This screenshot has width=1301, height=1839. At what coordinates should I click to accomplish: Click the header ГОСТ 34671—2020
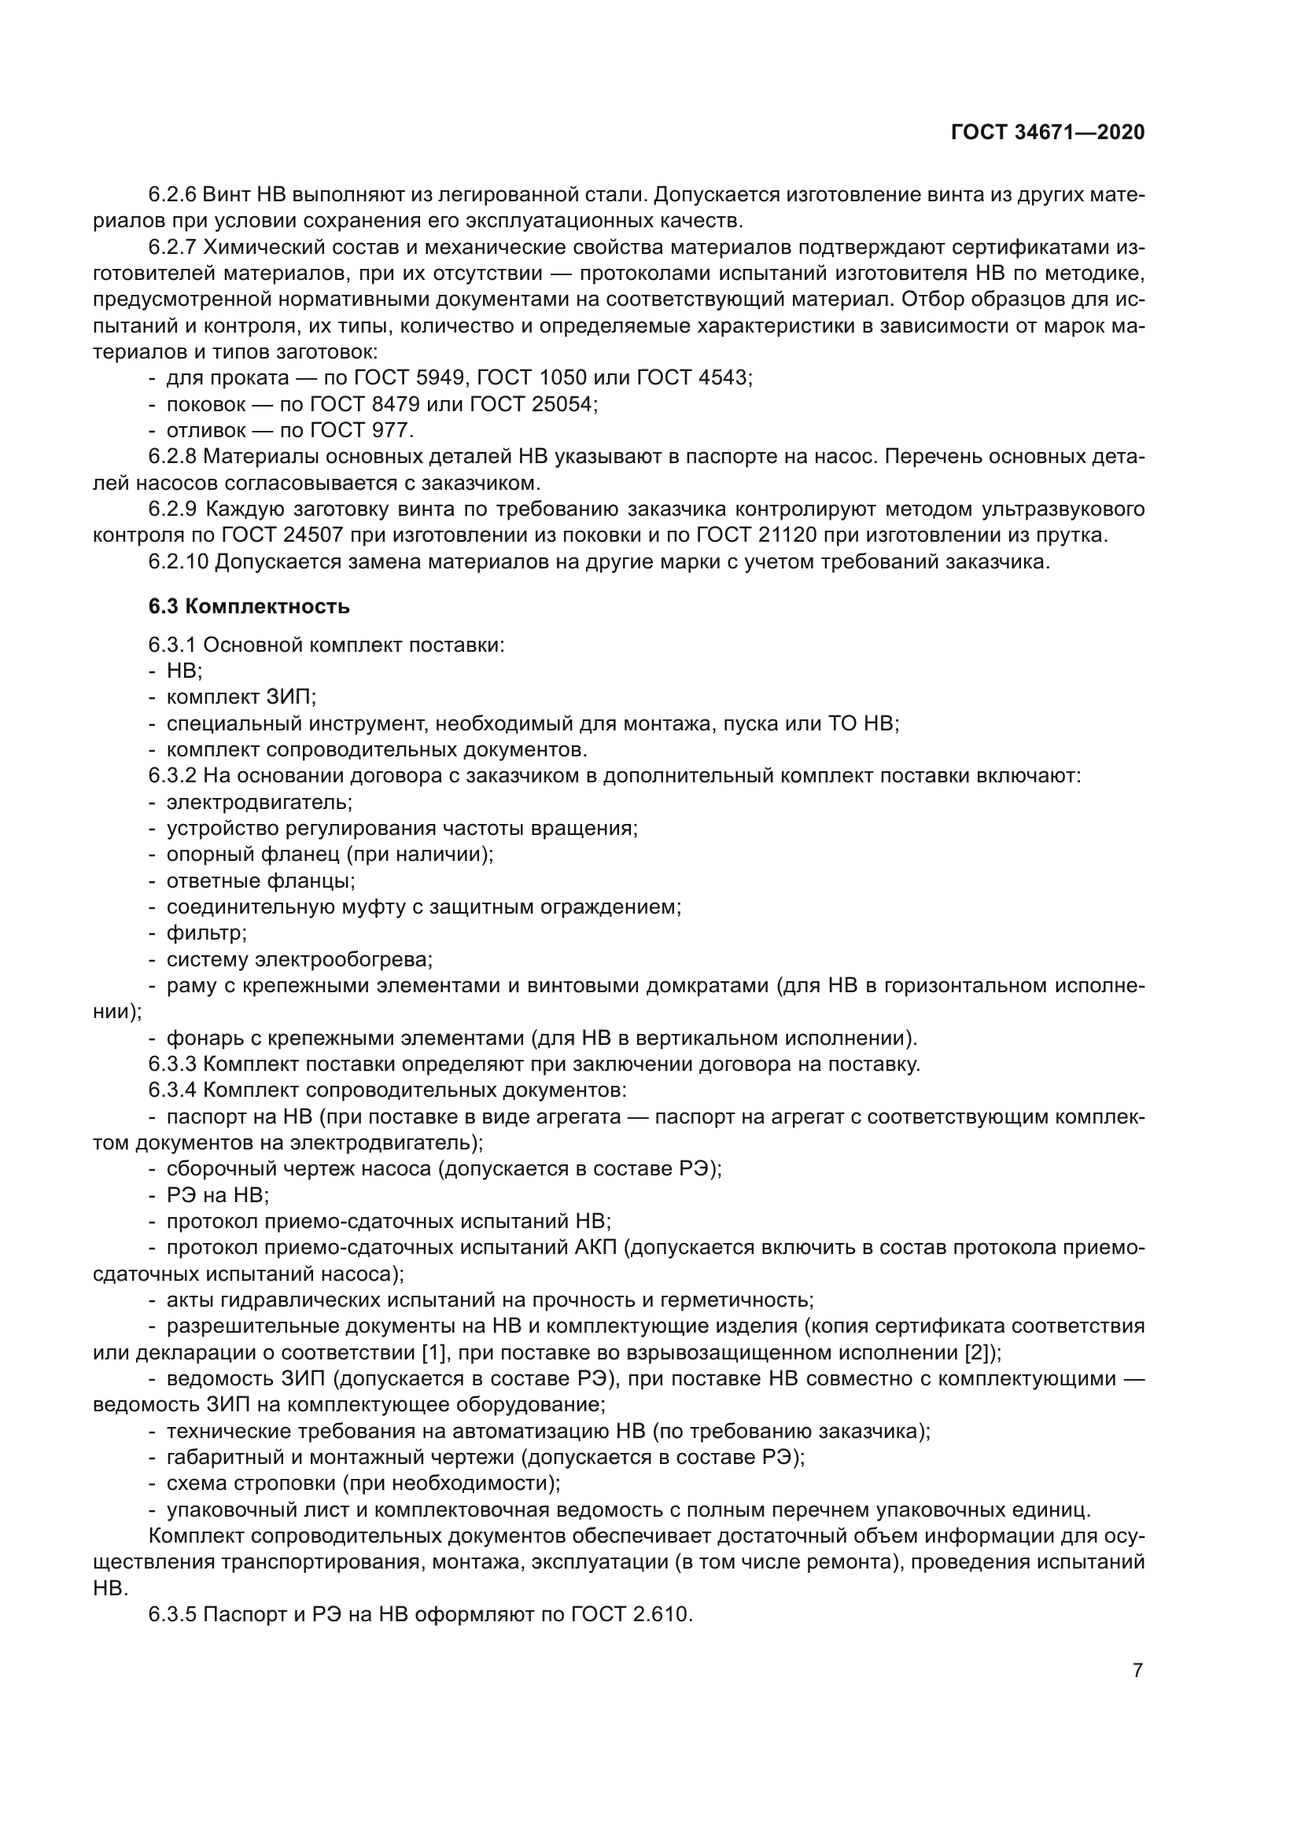coord(1047,132)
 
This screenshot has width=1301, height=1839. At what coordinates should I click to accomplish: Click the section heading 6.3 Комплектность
coord(249,606)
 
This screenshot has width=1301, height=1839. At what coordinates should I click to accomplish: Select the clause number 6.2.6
coord(172,195)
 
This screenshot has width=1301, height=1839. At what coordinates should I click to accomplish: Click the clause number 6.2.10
coord(178,561)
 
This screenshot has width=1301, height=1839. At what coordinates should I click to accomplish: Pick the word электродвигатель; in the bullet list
coord(259,802)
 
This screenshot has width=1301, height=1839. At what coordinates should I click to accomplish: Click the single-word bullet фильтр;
coord(206,933)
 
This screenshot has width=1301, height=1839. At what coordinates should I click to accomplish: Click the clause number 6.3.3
coord(172,1065)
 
